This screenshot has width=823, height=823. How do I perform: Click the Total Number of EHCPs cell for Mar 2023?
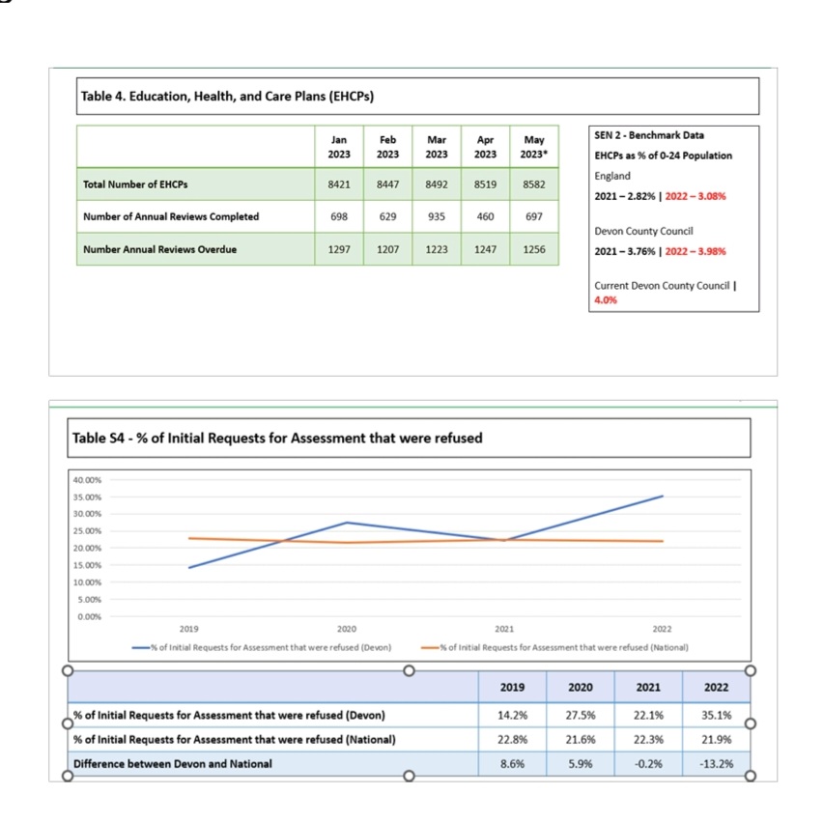(437, 184)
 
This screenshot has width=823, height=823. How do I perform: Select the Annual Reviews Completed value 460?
(485, 216)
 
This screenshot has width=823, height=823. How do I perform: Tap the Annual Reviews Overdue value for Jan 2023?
(339, 249)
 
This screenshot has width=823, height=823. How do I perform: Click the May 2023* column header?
(534, 147)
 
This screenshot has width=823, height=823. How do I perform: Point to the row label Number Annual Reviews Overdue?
(159, 249)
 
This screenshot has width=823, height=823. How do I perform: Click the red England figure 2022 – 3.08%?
(695, 196)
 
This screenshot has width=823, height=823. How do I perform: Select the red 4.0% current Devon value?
(606, 300)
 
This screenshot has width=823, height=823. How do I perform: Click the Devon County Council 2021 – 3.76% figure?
(625, 251)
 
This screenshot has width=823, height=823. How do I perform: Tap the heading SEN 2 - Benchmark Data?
(649, 135)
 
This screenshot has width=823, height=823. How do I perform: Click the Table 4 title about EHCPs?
(227, 97)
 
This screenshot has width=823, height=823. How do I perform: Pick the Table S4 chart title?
(277, 438)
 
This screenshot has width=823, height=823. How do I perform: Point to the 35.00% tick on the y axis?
(87, 497)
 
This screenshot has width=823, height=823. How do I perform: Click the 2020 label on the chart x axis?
(347, 629)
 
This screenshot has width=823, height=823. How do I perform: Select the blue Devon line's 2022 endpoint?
(663, 496)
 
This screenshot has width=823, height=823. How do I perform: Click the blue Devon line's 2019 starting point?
(189, 567)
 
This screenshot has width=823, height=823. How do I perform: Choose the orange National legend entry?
(554, 648)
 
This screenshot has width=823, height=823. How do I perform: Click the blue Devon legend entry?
(262, 648)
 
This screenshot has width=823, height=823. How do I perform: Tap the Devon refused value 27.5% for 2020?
(580, 715)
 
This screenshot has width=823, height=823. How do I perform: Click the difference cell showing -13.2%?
(716, 764)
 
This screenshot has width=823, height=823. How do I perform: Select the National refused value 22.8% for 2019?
(512, 740)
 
